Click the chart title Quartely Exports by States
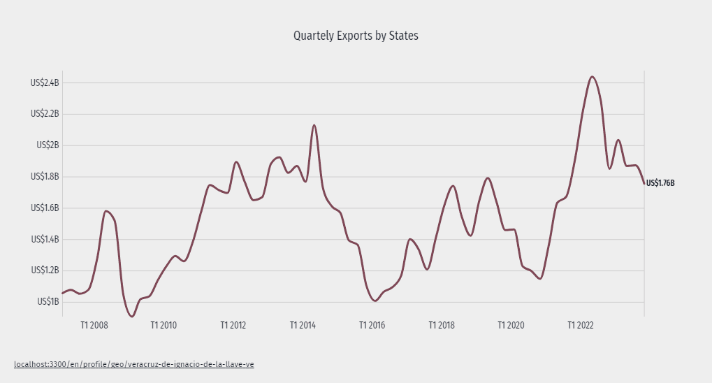click(356, 36)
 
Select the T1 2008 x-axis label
click(94, 326)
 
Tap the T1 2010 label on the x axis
click(164, 326)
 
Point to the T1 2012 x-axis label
click(233, 326)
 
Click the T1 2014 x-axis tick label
click(303, 326)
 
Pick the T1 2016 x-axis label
click(372, 326)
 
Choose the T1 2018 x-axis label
click(442, 326)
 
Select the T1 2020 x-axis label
click(511, 326)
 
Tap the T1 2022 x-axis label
click(581, 326)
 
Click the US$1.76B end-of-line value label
click(660, 183)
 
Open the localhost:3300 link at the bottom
click(133, 365)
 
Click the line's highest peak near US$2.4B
click(592, 77)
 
